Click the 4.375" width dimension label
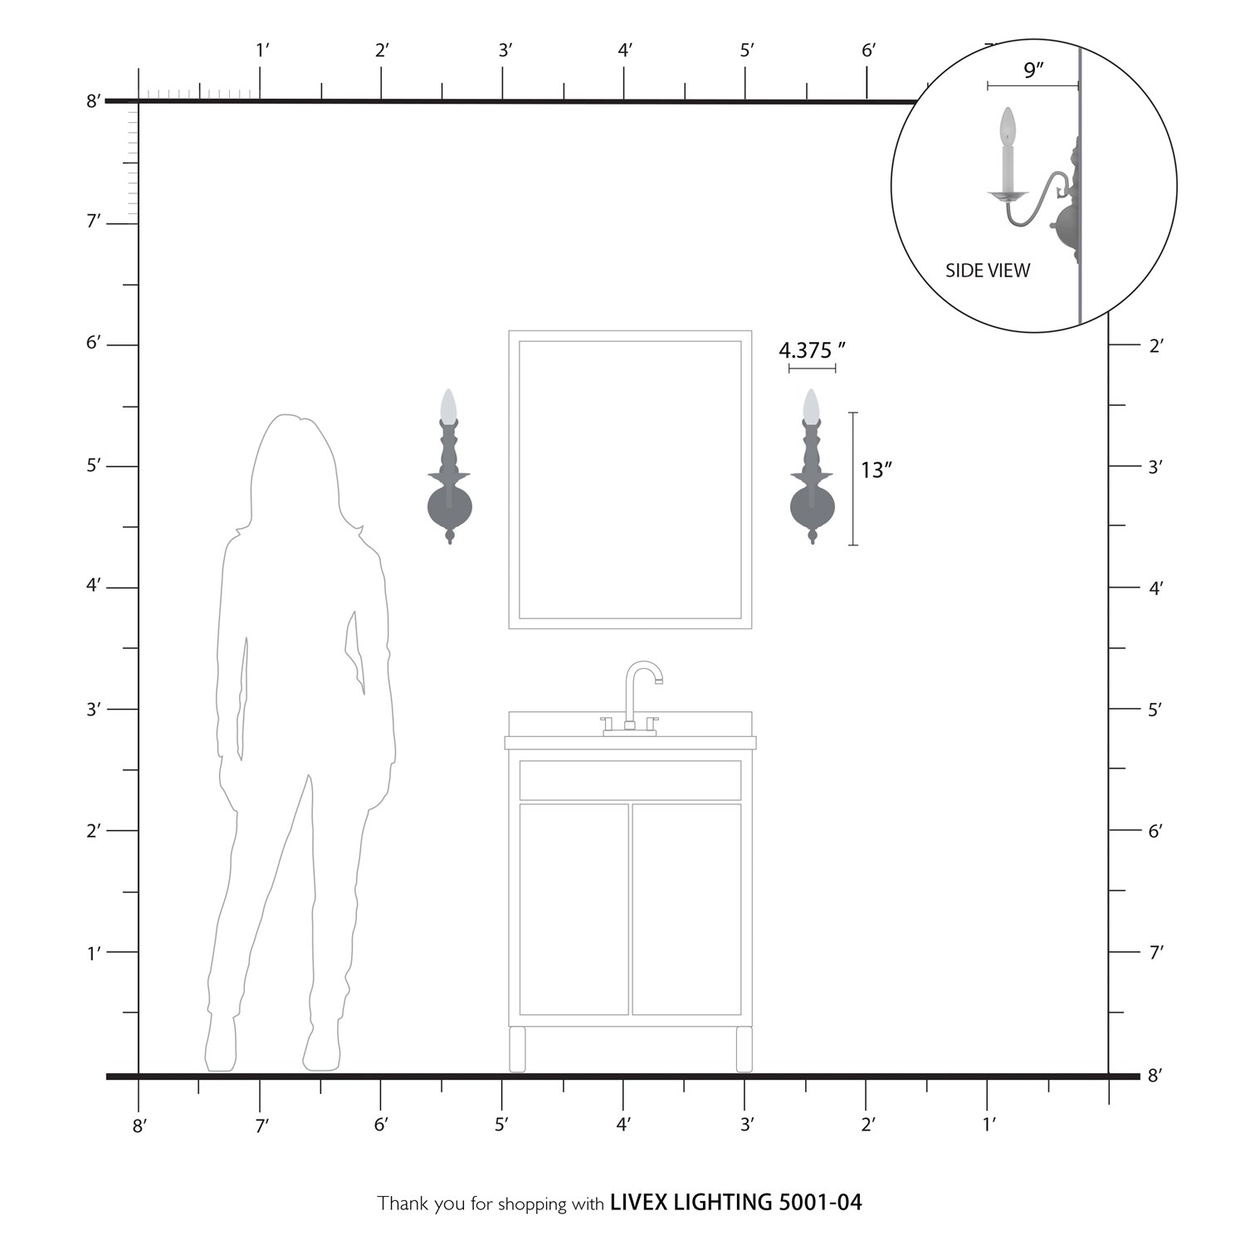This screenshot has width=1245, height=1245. tap(813, 350)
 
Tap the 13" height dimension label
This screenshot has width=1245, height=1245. tap(876, 470)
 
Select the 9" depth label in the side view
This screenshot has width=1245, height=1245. tap(1033, 71)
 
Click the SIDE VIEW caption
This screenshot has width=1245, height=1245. tap(988, 271)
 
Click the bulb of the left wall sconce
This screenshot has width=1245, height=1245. tap(449, 405)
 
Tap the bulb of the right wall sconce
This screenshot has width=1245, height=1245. tap(811, 405)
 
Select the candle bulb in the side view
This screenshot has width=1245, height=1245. tap(1008, 126)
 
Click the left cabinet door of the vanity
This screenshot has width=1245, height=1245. tap(574, 909)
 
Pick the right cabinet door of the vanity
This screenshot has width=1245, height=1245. tap(686, 909)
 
